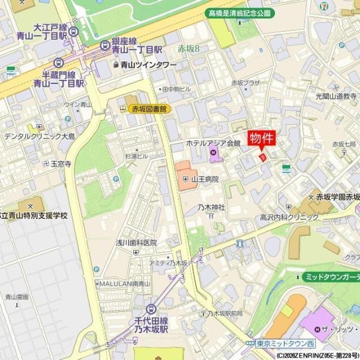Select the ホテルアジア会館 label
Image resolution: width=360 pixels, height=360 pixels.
[x=213, y=143]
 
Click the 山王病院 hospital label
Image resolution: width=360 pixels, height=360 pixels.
[x=203, y=179]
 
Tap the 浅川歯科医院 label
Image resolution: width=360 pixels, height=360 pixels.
[x=136, y=242]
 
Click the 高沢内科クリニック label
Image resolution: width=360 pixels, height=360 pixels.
[x=289, y=217]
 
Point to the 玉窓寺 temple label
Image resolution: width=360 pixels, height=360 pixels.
[x=61, y=163]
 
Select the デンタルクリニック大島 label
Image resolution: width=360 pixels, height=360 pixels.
[x=40, y=137]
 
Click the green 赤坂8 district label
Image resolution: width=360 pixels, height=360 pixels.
[x=189, y=49]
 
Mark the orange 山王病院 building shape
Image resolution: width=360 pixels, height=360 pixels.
[x=185, y=175]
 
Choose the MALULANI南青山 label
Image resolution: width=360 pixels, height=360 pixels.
[x=124, y=283]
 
